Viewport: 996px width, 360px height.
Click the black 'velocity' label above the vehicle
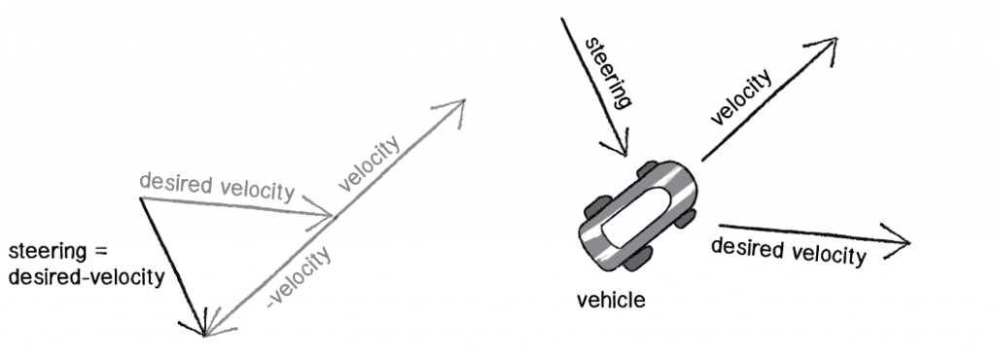746,100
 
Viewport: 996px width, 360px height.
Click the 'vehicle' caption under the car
611,300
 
